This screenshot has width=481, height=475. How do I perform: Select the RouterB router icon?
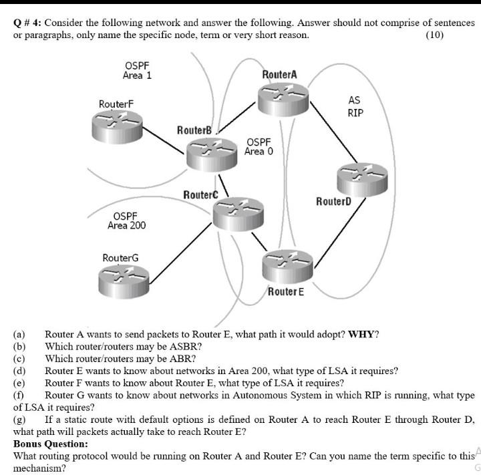pyautogui.click(x=211, y=153)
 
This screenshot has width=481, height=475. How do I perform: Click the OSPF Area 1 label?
pyautogui.click(x=137, y=70)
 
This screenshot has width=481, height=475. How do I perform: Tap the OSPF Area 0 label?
pyautogui.click(x=259, y=147)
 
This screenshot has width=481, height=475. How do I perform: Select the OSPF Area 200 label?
pyautogui.click(x=126, y=220)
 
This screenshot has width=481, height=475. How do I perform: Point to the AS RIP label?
pyautogui.click(x=355, y=107)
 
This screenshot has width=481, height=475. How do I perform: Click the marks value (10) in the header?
pyautogui.click(x=434, y=35)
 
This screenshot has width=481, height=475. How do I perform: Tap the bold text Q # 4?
pyautogui.click(x=28, y=22)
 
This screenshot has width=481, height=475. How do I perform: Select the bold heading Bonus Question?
pyautogui.click(x=50, y=444)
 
